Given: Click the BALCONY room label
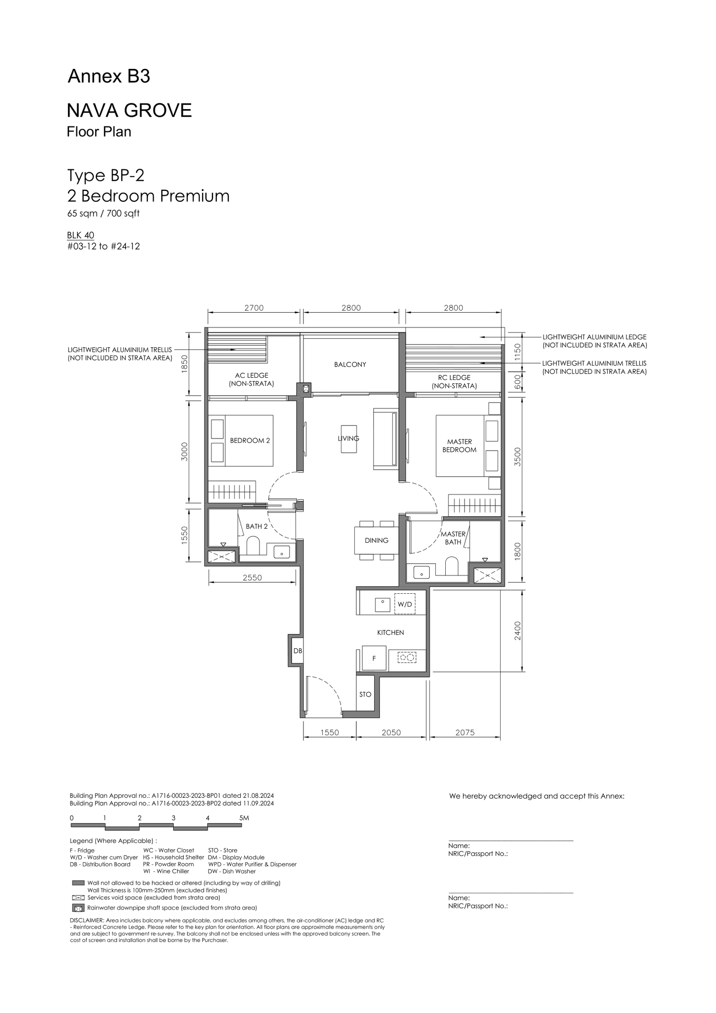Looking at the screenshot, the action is (350, 365).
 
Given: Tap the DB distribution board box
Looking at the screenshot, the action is (298, 651).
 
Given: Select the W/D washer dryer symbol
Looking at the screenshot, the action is (405, 604).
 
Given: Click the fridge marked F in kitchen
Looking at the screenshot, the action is (374, 658).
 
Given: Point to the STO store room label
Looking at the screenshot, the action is (365, 694).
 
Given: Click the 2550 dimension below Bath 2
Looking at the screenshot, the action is (252, 578).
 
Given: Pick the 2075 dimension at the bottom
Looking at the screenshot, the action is (465, 732).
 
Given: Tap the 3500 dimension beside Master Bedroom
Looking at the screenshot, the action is (518, 457).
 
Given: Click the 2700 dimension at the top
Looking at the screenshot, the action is (254, 308).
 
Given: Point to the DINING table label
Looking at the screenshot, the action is (376, 541).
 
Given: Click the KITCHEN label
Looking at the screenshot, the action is (390, 633).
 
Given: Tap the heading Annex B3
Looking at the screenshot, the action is (109, 77).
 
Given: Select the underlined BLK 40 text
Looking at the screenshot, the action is (81, 235).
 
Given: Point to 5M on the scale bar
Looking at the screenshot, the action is (244, 818).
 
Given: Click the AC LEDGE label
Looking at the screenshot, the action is (251, 375).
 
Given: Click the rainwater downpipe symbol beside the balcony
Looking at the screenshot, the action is (306, 389).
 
